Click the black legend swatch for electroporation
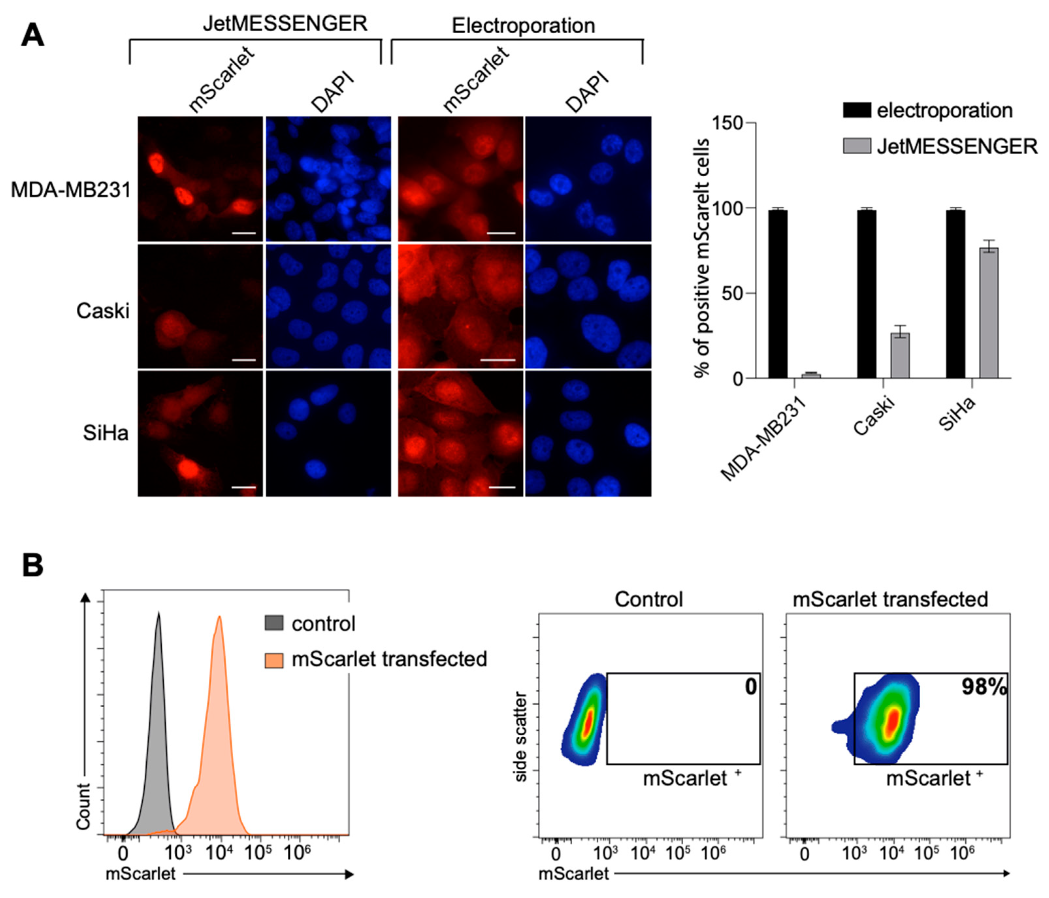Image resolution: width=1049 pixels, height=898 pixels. tap(857, 110)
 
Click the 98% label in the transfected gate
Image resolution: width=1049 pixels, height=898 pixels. tap(984, 687)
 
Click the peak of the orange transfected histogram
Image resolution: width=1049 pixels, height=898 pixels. tap(219, 617)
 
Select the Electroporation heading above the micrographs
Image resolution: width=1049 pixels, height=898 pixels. tap(523, 25)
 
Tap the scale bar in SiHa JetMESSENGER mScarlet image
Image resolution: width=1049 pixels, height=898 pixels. tap(244, 487)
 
